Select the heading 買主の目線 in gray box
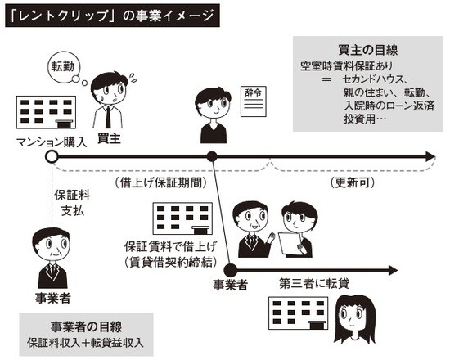(x=367, y=52)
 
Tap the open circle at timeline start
(x=52, y=155)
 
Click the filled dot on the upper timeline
(x=213, y=155)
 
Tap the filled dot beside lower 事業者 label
(x=230, y=269)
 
